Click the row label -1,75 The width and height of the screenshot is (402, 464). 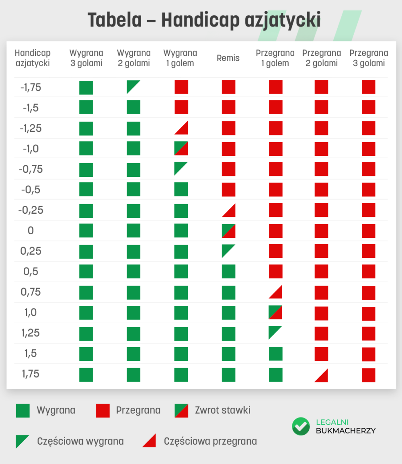[x=31, y=88]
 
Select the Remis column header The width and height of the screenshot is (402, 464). [x=228, y=58]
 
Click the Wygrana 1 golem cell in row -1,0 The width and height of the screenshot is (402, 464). [x=181, y=148]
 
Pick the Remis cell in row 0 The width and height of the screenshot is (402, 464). [x=228, y=231]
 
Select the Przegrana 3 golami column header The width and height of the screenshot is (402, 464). [x=369, y=58]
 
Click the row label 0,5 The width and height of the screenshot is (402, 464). [x=31, y=272]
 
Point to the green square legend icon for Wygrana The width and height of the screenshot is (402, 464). [x=23, y=411]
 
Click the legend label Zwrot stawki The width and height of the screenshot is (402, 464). [x=222, y=410]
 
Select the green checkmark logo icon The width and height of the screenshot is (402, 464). [x=301, y=426]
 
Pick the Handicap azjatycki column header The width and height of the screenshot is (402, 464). [x=32, y=58]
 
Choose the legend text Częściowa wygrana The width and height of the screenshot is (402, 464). [x=80, y=441]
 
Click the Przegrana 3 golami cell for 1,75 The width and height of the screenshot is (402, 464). [x=368, y=375]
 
